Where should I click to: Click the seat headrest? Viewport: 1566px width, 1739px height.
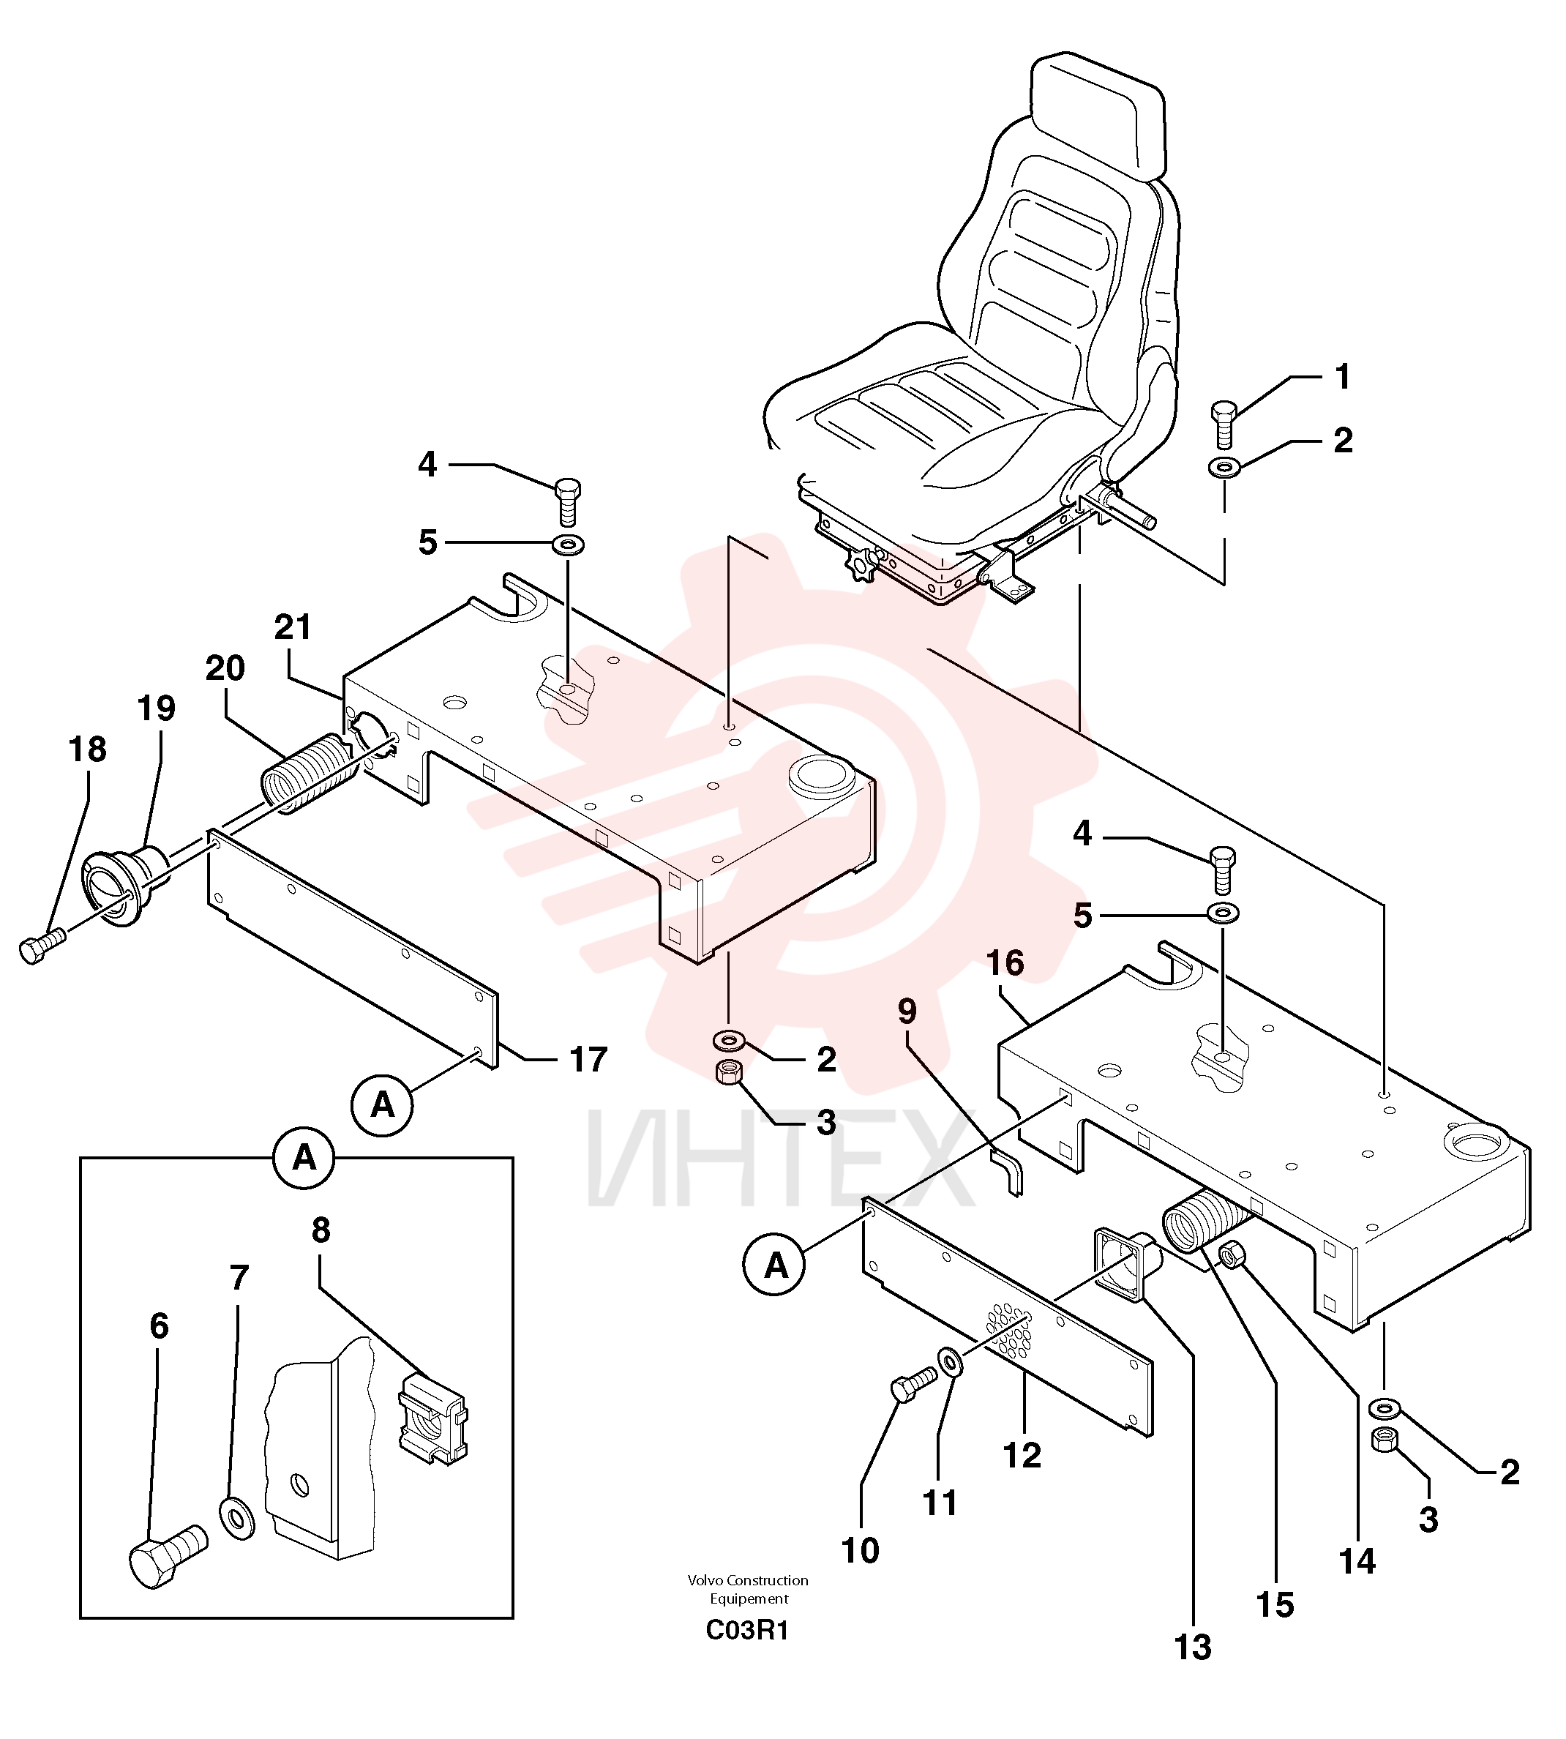pos(1098,112)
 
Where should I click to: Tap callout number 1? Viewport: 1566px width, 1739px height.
pos(1341,376)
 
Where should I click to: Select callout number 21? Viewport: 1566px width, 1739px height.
pos(293,627)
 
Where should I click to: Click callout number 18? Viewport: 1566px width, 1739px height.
pos(88,749)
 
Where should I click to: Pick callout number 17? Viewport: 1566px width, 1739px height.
pos(588,1059)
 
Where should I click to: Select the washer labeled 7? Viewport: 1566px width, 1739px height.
pos(238,1518)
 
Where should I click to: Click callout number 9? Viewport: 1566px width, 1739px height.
pos(907,1012)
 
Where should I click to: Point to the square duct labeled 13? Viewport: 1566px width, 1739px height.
pos(1127,1269)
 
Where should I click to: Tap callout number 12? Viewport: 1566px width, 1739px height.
pos(1022,1455)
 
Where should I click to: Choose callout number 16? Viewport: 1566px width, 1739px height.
pos(1005,963)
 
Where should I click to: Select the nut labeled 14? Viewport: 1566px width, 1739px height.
pos(1233,1255)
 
